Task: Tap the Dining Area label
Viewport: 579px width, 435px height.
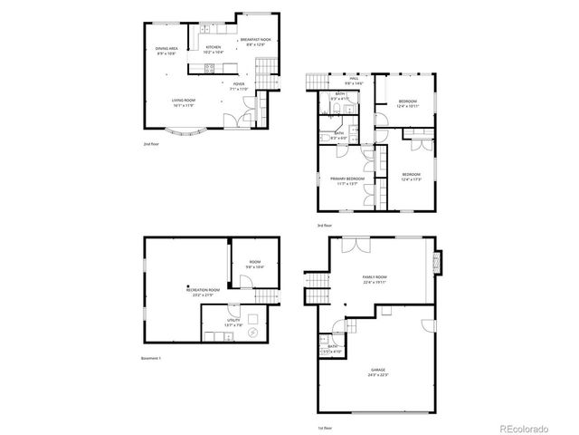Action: [166, 48]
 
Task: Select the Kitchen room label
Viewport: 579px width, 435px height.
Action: [214, 47]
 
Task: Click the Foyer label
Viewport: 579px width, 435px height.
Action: [238, 84]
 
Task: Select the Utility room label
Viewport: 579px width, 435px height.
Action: [233, 320]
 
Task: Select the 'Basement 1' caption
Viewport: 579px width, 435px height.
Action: [151, 359]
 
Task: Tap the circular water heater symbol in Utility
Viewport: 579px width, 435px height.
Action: [252, 332]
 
